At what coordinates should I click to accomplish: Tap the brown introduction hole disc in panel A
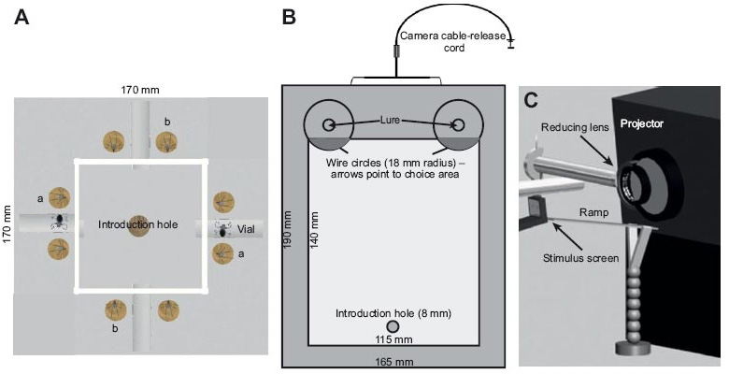pos(137,225)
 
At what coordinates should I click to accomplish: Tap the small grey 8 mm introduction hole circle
pos(393,325)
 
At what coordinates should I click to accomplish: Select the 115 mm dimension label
pos(393,340)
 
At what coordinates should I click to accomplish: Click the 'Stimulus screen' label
pos(579,258)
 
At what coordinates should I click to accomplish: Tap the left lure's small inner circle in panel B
pos(329,124)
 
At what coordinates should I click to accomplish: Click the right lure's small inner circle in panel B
pos(458,124)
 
